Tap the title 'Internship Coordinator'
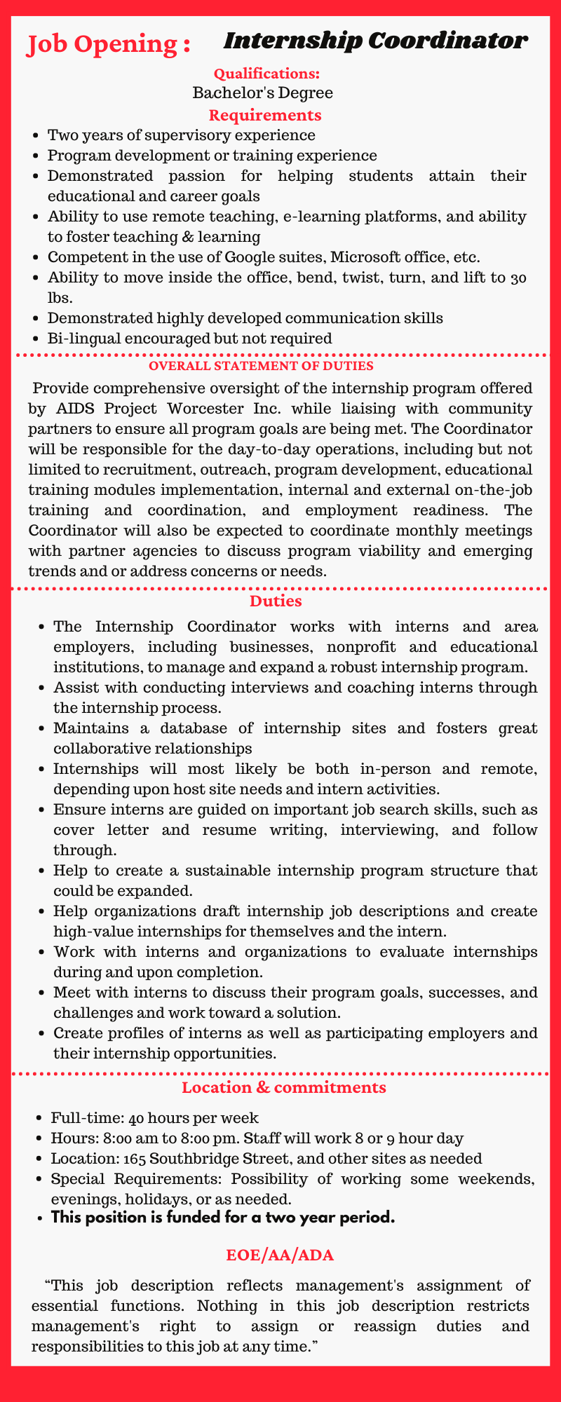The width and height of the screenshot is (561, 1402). click(375, 41)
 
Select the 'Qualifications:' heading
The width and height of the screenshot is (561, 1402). click(266, 73)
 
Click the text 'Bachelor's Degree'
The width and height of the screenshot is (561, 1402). click(263, 93)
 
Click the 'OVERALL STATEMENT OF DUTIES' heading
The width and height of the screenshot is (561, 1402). click(280, 365)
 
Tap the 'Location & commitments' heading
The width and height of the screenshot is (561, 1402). click(283, 1088)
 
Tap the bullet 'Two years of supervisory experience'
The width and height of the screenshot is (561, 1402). click(182, 135)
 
